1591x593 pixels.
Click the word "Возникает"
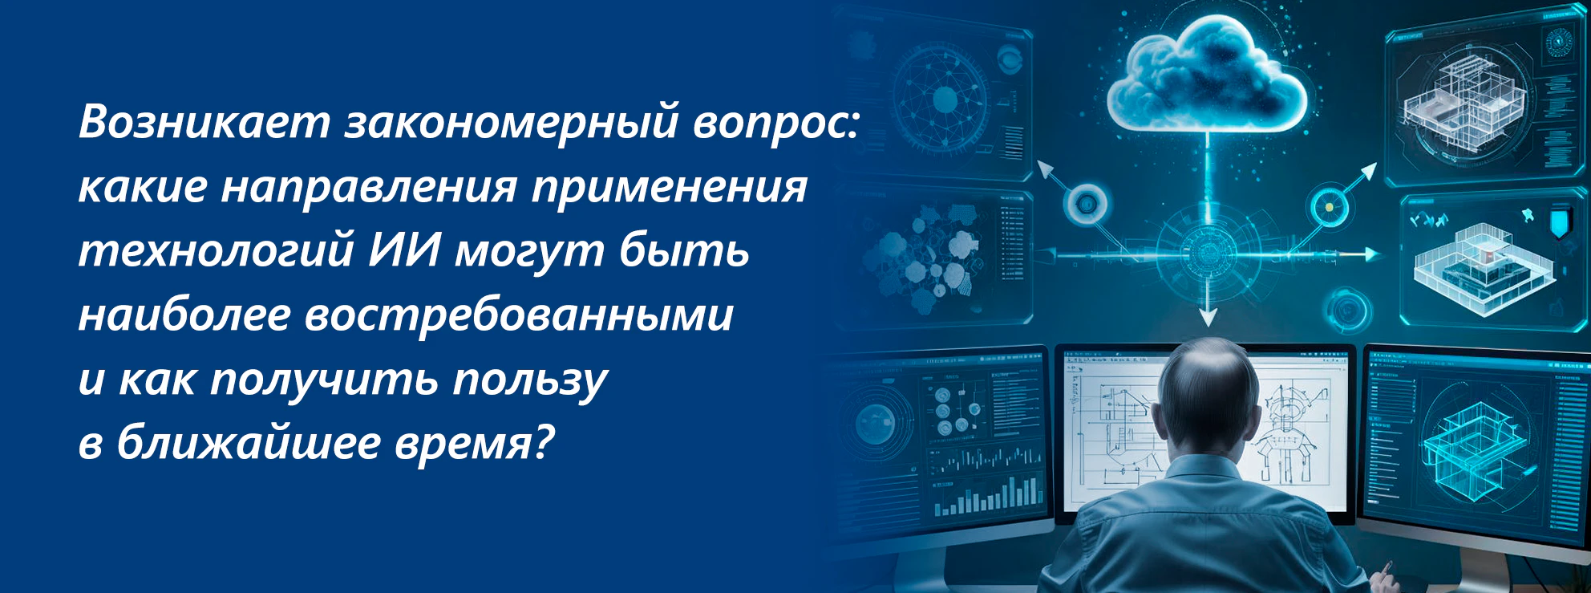204,122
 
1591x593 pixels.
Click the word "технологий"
217,250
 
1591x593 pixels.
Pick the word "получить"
324,380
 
